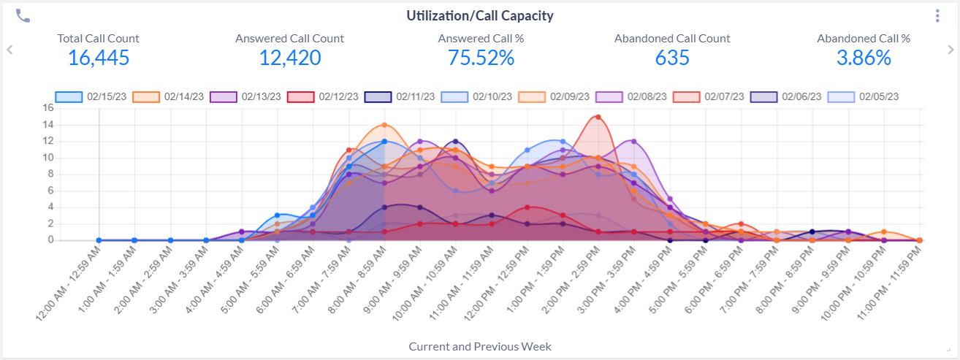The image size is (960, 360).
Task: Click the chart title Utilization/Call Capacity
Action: tap(479, 15)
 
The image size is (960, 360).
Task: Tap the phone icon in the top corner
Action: tap(23, 15)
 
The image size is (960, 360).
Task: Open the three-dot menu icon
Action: tap(937, 15)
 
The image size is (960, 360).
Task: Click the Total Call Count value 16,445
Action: tap(99, 58)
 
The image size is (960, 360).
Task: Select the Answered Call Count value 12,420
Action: tap(289, 58)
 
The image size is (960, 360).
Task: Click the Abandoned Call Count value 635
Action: tap(671, 58)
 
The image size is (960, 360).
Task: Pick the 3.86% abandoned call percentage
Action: tap(863, 58)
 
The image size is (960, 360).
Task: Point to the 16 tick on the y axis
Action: tap(48, 108)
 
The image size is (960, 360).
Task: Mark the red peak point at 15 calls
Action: tap(598, 117)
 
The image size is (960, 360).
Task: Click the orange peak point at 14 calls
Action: tap(384, 125)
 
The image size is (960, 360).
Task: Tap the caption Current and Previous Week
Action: tap(480, 346)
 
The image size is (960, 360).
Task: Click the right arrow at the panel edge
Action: tap(950, 50)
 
